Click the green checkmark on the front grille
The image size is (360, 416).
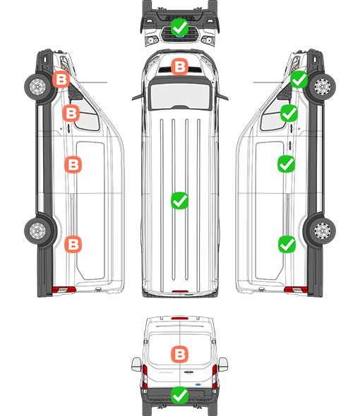(179, 27)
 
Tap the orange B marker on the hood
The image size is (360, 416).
(179, 66)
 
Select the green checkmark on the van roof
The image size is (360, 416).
(179, 200)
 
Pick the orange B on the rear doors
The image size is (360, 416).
(179, 354)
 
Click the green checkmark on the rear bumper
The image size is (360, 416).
(179, 396)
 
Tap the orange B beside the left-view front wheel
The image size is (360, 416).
(61, 80)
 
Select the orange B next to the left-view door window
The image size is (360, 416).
(71, 113)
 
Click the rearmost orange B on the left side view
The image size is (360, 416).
(73, 244)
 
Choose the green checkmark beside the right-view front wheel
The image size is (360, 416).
(299, 80)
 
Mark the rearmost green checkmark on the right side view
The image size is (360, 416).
(287, 244)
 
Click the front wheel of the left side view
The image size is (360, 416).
(37, 87)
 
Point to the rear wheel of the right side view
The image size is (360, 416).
(323, 231)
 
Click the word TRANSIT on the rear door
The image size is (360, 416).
(166, 372)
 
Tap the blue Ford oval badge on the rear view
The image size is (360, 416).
(198, 384)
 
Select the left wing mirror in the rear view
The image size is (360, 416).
(136, 365)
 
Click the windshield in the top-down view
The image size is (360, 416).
(180, 95)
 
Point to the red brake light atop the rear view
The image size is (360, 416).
(180, 318)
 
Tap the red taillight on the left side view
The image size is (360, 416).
(64, 290)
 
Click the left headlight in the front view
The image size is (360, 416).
(152, 40)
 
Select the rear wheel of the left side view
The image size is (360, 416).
(37, 231)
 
